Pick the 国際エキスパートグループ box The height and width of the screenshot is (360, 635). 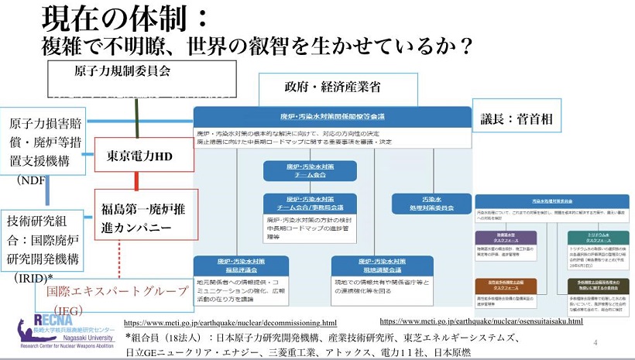[116, 291]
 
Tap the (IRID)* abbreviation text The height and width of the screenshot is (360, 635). [31, 278]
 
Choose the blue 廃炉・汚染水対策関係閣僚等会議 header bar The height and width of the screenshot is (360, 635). [332, 117]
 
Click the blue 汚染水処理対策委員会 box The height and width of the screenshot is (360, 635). [432, 204]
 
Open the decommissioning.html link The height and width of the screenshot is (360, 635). [230, 323]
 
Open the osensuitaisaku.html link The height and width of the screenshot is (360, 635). [481, 321]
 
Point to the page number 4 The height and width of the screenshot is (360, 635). [595, 342]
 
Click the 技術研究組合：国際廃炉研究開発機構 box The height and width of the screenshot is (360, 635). [45, 240]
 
